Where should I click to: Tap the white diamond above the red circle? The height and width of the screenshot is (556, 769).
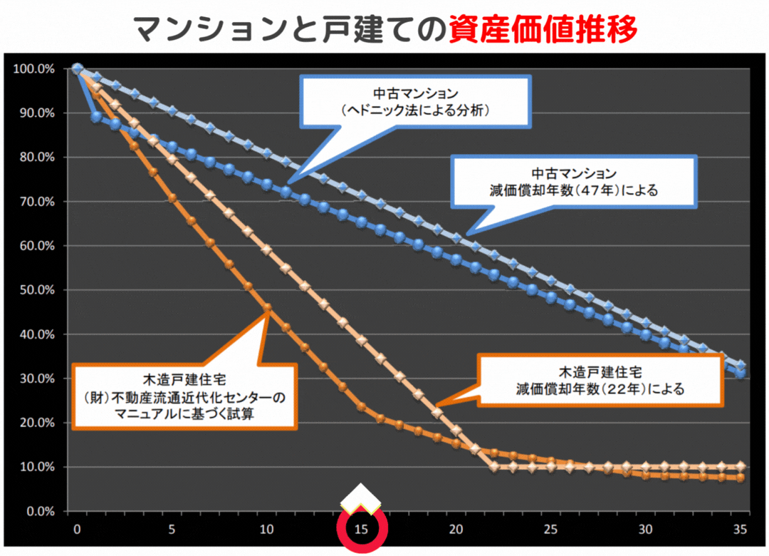tap(361, 498)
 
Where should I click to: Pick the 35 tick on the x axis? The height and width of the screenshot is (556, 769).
tap(740, 530)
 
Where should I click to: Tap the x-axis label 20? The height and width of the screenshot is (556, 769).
tap(456, 530)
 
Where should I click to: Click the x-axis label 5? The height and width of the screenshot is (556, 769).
tap(172, 530)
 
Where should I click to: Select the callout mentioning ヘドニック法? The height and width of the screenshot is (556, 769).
tap(417, 103)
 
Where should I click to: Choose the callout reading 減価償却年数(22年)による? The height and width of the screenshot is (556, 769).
tap(600, 381)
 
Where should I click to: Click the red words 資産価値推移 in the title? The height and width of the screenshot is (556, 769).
tap(543, 29)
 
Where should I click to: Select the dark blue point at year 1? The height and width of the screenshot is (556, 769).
tap(97, 117)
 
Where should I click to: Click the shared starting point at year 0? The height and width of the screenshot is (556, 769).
tap(78, 69)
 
